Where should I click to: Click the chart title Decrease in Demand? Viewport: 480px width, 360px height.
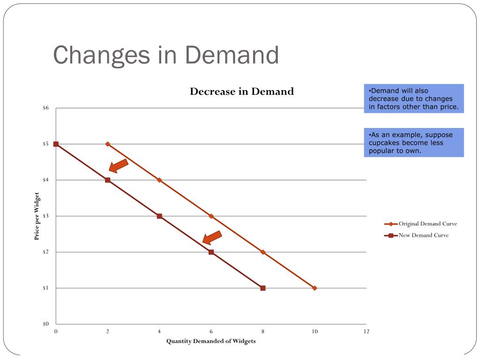pos(241,91)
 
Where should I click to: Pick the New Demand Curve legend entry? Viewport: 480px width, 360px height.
pos(423,235)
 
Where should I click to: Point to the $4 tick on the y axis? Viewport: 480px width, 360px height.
pos(45,180)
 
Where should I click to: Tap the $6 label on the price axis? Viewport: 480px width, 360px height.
pos(45,108)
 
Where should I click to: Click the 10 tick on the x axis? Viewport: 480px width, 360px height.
pos(315,332)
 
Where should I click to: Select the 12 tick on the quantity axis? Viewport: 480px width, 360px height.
pos(366,332)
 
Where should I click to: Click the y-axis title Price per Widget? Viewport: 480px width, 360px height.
pos(37,216)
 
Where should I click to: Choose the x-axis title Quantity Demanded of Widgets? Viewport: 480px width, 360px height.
pos(211,341)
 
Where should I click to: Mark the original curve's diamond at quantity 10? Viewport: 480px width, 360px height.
pos(315,288)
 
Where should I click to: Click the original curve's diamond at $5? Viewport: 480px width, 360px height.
pos(108,144)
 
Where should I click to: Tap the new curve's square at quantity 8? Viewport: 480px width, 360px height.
pos(262,288)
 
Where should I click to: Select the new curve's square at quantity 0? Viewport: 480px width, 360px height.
pos(56,144)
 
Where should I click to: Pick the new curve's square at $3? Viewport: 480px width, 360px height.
pos(159,216)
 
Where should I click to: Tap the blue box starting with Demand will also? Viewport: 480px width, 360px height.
pos(413,99)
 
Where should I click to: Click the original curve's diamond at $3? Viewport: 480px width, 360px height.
pos(211,216)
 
